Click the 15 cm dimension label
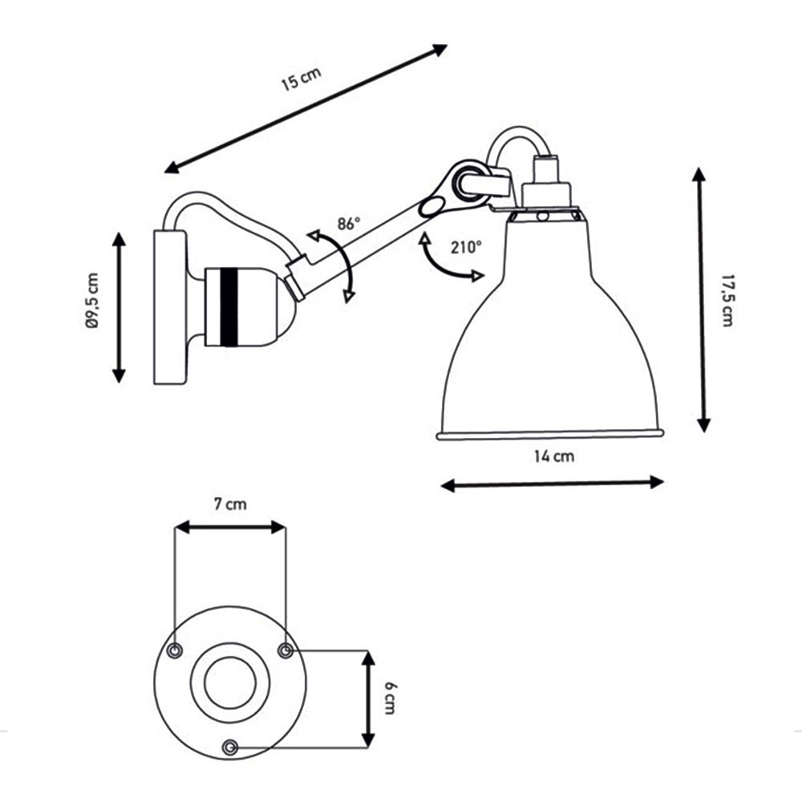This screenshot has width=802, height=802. tap(302, 79)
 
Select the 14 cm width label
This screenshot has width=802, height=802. tap(554, 456)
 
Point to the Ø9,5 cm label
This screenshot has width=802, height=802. tap(92, 301)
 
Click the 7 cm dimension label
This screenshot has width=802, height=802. tap(230, 504)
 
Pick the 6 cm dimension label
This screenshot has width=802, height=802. tap(389, 698)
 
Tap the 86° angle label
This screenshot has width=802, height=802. tap(349, 224)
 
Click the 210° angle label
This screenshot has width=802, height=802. tap(466, 248)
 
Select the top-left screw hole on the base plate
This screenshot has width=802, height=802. tap(175, 650)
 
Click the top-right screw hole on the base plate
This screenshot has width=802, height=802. tap(286, 650)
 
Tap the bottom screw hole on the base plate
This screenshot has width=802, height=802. tap(230, 747)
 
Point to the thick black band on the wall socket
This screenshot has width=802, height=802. tap(229, 307)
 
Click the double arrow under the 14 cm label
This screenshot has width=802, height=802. tap(552, 484)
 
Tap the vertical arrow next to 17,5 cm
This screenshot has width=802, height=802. tap(701, 300)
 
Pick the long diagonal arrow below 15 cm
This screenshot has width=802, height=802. tap(306, 109)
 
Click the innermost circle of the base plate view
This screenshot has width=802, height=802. tap(230, 683)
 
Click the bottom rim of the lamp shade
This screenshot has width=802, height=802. tap(550, 434)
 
